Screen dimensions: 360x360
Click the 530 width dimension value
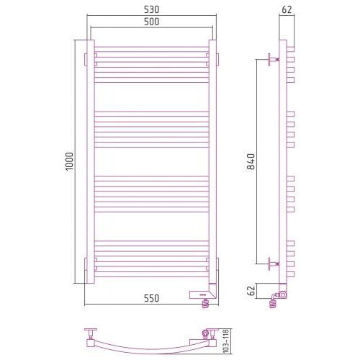click(151, 9)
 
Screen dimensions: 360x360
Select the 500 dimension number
click(151, 22)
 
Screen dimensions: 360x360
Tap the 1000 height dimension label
click(70, 161)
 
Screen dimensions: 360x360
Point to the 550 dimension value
click(151, 298)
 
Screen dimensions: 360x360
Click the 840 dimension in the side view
click(251, 161)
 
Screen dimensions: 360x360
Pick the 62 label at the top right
click(287, 9)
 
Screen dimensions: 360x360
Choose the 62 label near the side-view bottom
click(251, 291)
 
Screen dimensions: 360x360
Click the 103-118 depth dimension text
click(226, 341)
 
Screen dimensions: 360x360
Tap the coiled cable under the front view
click(205, 303)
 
